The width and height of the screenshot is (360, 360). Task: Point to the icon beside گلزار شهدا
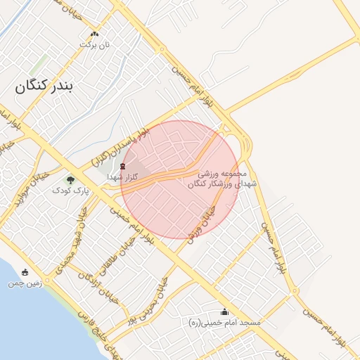tap(124, 166)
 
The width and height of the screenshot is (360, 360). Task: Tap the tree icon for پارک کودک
tap(69, 180)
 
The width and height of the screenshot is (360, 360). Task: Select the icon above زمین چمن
tap(25, 273)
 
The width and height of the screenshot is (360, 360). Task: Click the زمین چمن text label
tap(25, 284)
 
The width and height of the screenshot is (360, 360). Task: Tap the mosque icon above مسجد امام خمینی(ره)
tap(225, 311)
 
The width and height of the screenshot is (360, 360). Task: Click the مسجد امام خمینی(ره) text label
tap(220, 322)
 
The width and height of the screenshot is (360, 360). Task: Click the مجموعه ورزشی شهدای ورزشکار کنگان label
tap(216, 178)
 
